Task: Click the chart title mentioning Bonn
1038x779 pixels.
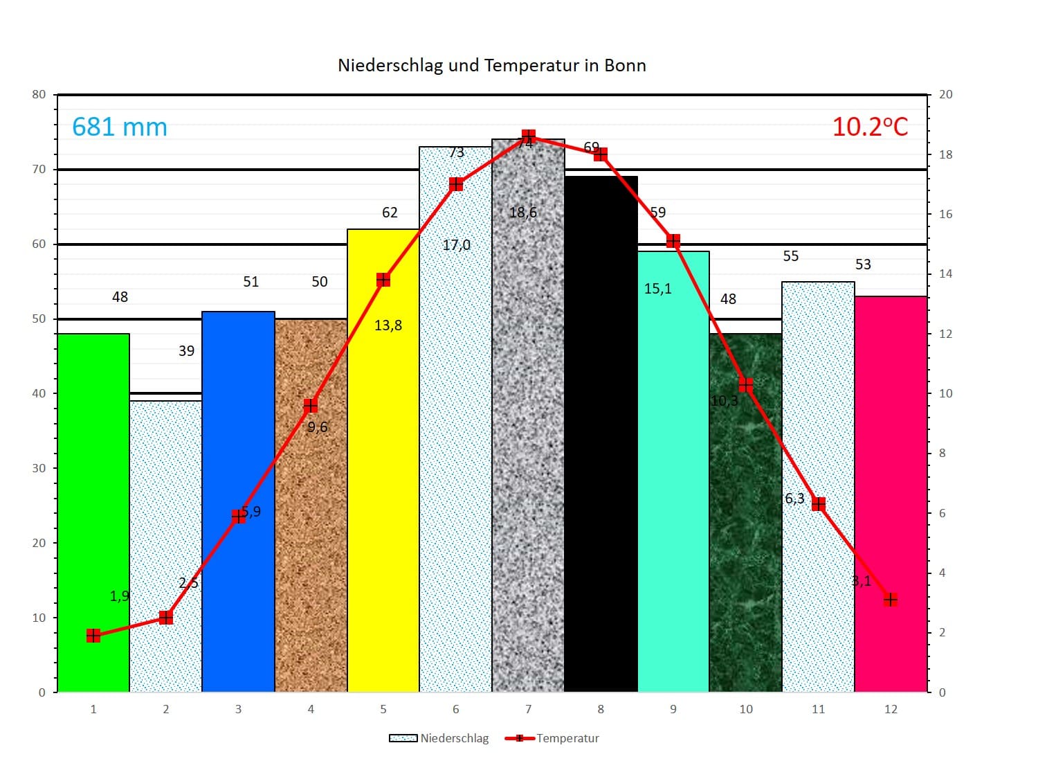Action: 491,65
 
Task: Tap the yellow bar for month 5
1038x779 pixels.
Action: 383,485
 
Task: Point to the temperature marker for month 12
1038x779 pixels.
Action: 891,600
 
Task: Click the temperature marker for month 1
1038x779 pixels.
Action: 93,636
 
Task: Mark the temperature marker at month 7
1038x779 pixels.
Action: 529,136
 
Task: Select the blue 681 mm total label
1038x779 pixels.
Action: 120,127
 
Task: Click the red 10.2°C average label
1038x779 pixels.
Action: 869,127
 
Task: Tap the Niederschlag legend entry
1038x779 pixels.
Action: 439,738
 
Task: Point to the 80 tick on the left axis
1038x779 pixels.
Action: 39,94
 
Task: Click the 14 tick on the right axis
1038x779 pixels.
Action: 945,274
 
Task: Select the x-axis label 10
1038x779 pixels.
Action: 745,709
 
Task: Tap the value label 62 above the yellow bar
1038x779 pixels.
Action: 390,213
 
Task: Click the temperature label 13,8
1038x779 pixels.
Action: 388,325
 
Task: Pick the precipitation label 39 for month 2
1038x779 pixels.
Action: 186,351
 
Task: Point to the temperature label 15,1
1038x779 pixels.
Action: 657,289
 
